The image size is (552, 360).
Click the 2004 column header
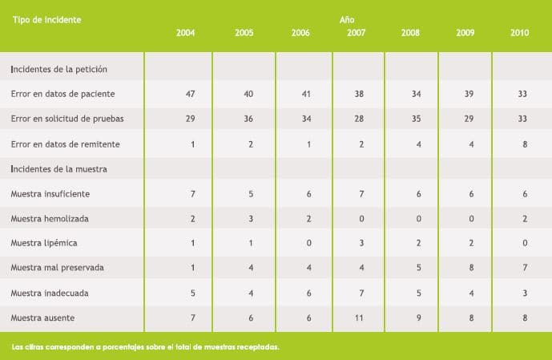(185, 33)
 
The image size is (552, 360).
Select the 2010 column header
(519, 33)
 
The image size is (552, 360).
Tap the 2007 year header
(357, 33)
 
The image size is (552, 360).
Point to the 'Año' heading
(347, 18)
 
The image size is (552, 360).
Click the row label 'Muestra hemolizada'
(50, 218)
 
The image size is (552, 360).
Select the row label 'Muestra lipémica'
(44, 243)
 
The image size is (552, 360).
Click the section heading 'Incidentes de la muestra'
(59, 169)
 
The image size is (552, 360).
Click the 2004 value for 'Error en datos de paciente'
(190, 94)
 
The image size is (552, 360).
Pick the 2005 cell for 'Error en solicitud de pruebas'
(248, 119)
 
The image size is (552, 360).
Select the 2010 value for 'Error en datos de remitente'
(523, 144)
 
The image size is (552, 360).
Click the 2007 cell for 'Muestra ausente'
(360, 318)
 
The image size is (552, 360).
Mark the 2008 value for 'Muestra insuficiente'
(417, 194)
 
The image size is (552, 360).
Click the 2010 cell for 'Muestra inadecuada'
(523, 293)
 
